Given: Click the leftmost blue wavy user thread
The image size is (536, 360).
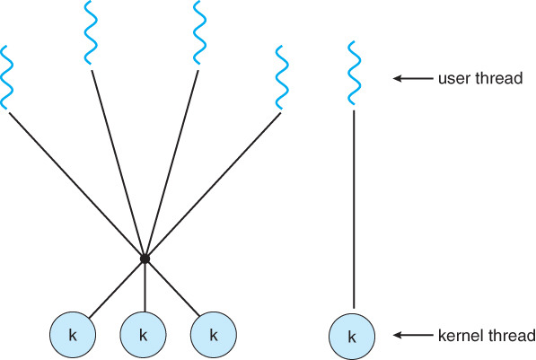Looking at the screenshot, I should [8, 76].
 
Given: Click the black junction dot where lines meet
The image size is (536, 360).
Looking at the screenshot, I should [145, 259].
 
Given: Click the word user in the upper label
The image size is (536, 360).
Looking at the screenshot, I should [452, 79].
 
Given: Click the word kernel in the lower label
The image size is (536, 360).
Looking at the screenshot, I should [458, 336].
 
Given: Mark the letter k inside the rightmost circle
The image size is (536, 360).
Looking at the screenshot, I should [352, 337].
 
